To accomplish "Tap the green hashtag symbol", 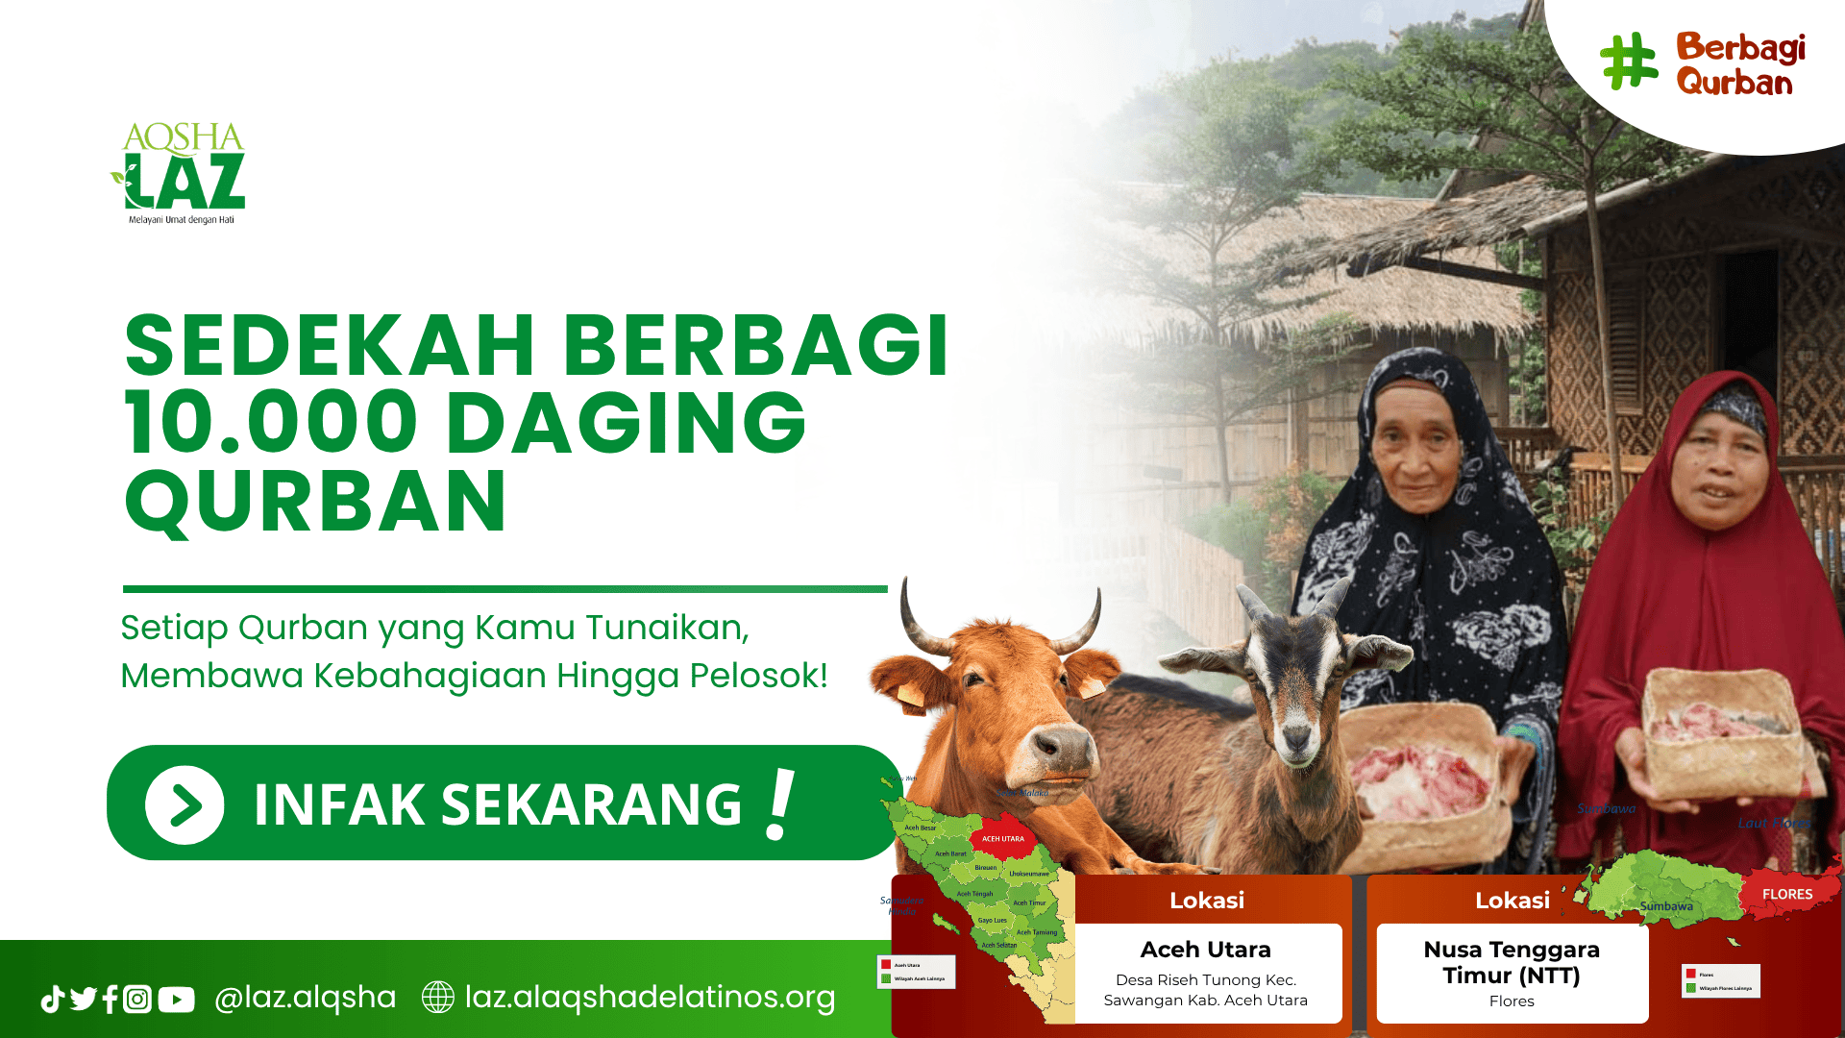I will point(1629,62).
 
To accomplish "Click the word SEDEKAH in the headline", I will point(330,346).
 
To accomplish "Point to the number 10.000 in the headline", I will point(271,423).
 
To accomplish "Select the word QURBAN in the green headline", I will point(315,502).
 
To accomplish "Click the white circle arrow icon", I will point(184,804).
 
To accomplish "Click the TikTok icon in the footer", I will point(52,1000).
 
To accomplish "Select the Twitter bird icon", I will point(83,1000).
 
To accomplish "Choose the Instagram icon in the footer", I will point(137,1000).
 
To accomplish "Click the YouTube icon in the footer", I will point(176,1000).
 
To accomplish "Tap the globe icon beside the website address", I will point(438,997).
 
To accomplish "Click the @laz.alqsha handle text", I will point(305,997).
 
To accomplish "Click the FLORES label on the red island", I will point(1787,894).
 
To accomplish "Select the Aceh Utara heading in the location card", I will point(1205,950).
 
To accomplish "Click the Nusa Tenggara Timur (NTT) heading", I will point(1512,962).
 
